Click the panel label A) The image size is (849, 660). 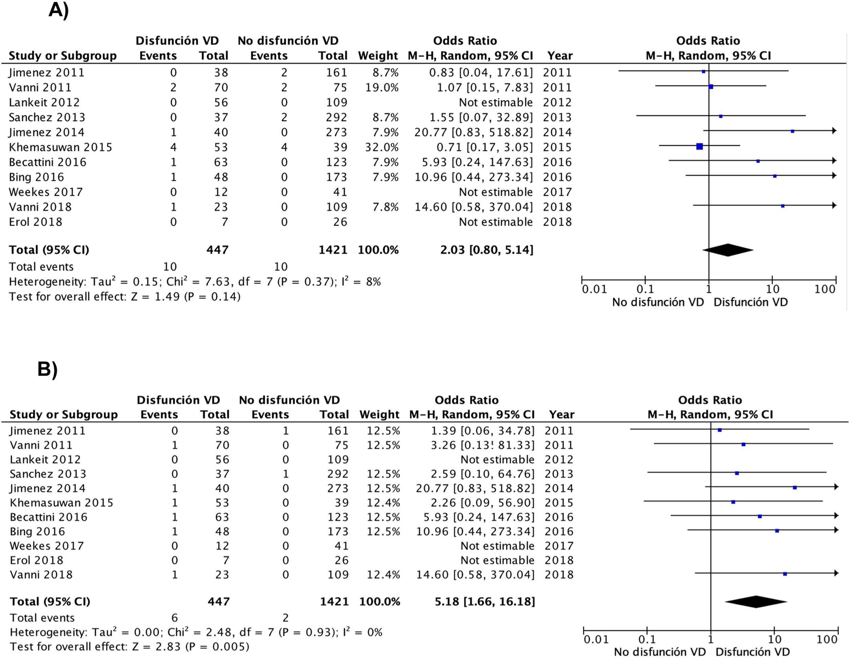[58, 10]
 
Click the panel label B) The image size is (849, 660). [48, 369]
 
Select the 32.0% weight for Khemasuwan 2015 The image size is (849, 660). [382, 147]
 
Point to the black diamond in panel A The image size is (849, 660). [728, 250]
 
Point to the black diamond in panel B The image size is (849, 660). [756, 602]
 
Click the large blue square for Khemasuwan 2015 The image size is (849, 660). [699, 146]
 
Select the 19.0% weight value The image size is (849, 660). [382, 87]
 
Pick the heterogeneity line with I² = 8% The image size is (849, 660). [194, 282]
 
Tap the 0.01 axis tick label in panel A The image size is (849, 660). [594, 289]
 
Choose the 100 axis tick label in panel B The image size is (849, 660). [827, 639]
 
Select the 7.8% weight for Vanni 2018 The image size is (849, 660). [385, 207]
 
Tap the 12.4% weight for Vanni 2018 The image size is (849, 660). [383, 574]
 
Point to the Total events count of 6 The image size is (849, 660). [175, 618]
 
